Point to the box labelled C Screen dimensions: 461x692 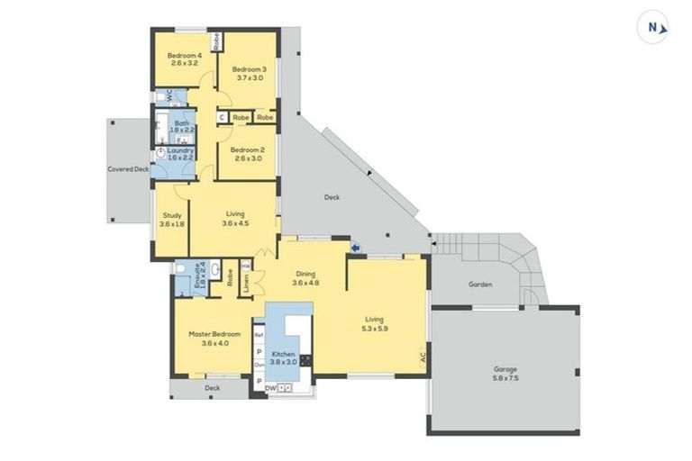click(x=221, y=117)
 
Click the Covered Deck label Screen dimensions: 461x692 click(x=128, y=168)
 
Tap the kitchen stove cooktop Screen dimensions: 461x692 click(x=305, y=360)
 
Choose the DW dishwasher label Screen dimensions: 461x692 click(x=269, y=387)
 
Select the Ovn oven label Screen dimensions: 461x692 click(x=258, y=365)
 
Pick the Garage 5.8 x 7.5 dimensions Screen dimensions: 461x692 click(x=505, y=378)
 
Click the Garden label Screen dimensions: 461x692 click(x=480, y=285)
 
